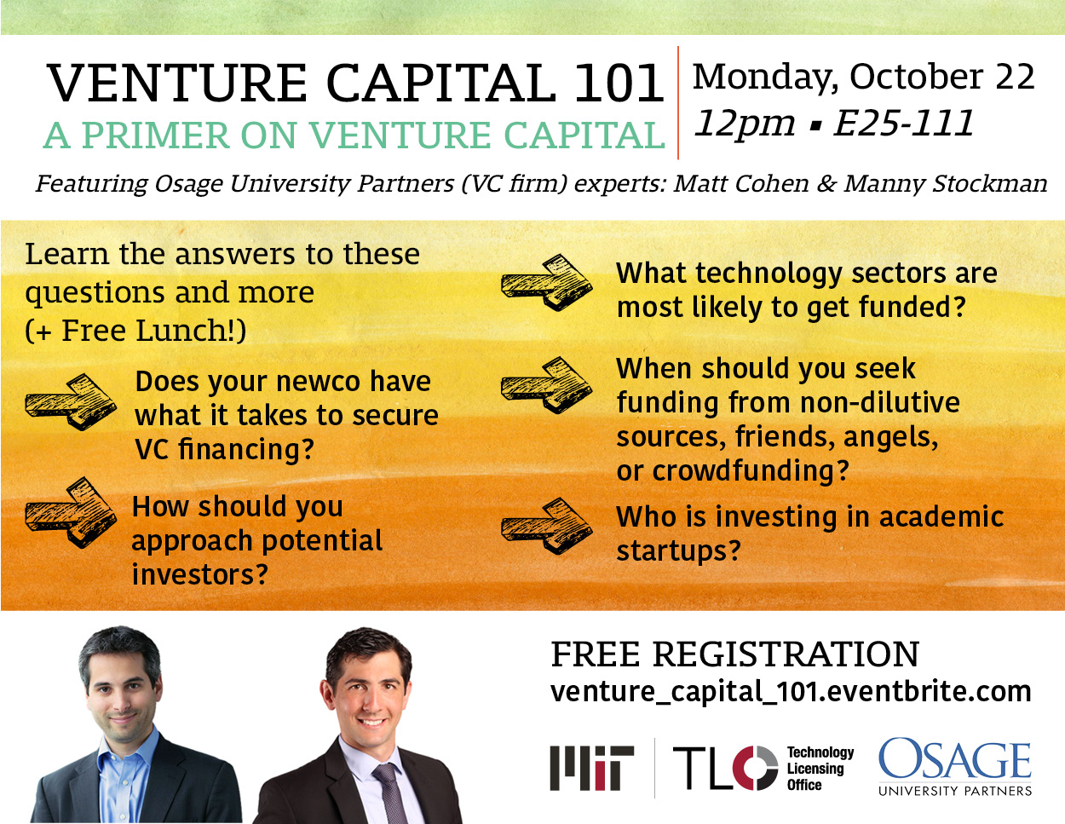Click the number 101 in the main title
coord(619,83)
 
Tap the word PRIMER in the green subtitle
coord(157,135)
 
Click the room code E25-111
coord(903,123)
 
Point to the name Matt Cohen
coord(740,184)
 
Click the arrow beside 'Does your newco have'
coord(71,402)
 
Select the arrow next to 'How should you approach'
coord(71,512)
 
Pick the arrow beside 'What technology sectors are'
coord(546,282)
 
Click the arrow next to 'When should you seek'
coord(546,385)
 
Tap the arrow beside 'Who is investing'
coord(546,527)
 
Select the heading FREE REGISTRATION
coord(734,654)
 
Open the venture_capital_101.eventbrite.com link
coord(791,692)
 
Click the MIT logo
coord(591,769)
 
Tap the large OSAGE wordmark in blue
coord(955,760)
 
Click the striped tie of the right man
coord(389,795)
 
